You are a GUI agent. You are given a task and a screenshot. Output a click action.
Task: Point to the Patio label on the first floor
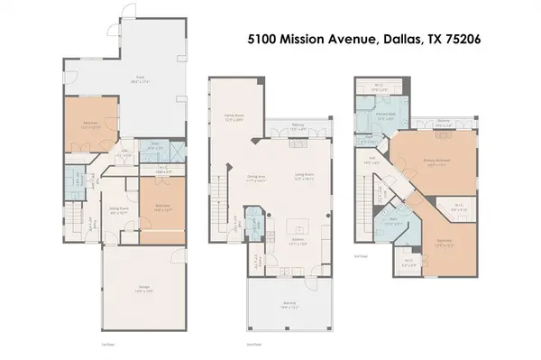[x=140, y=79]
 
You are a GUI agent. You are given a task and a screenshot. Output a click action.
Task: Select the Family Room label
[x=234, y=116]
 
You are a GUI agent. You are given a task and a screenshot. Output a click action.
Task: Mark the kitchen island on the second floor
[x=297, y=226]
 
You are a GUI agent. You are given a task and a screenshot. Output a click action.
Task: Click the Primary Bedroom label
[x=436, y=162]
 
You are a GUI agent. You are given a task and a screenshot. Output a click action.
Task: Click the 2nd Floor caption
[x=253, y=344]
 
